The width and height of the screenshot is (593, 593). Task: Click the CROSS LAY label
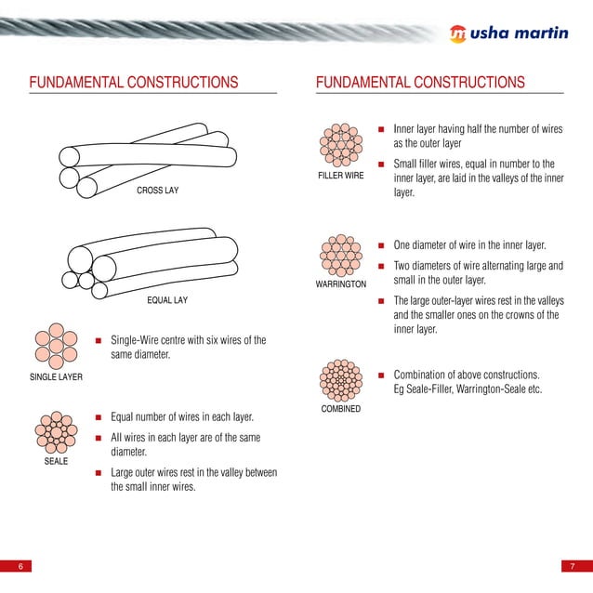(x=157, y=191)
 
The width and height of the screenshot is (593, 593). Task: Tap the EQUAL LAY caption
(x=167, y=300)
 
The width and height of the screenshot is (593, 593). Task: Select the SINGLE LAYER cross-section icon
(x=56, y=347)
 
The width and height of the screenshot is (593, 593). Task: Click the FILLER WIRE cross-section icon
(x=341, y=144)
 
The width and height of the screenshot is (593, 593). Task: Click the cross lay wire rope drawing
(x=145, y=156)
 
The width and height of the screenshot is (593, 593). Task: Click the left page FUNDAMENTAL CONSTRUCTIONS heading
(x=134, y=83)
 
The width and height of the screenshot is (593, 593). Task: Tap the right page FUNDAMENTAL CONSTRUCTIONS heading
(x=420, y=83)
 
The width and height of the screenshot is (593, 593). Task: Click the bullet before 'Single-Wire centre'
(x=98, y=341)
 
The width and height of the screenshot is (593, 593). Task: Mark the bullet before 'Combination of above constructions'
(x=381, y=375)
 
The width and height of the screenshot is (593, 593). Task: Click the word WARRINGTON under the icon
(x=341, y=283)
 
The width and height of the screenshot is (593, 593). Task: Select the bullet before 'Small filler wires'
(x=381, y=164)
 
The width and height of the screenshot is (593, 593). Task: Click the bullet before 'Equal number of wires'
(x=98, y=417)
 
